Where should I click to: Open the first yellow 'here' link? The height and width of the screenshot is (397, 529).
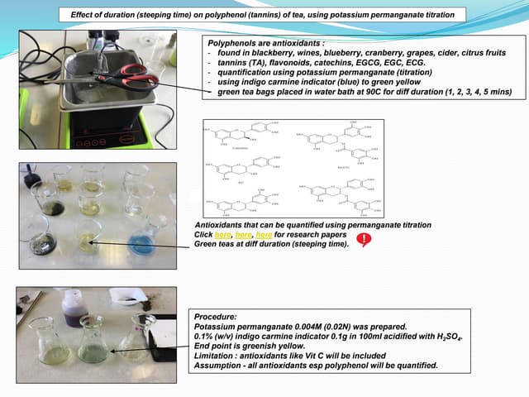tap(221, 235)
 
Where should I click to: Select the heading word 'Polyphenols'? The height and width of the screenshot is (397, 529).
tap(232, 41)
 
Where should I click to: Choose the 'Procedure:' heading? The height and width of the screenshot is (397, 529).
tap(217, 317)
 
